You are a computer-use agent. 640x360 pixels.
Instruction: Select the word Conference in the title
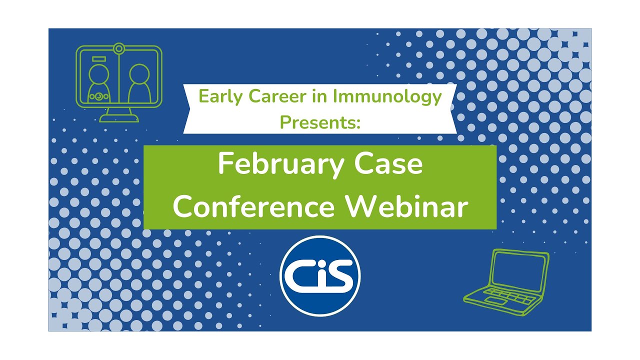253,207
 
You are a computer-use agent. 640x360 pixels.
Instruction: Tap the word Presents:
320,121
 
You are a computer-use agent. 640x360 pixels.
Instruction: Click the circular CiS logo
320,275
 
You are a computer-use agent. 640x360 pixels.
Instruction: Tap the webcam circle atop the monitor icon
118,49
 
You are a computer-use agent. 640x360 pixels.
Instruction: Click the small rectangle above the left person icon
99,59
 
